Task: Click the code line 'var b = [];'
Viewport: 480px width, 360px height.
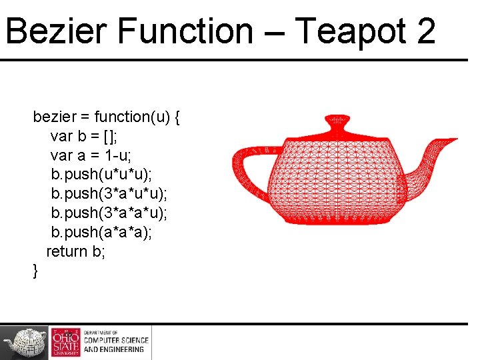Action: point(85,137)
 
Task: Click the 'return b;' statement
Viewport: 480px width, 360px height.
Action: point(75,251)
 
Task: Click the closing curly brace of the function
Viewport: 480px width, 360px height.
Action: point(35,271)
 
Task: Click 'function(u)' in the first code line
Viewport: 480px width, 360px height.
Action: point(132,117)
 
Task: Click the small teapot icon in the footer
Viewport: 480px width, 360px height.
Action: point(25,342)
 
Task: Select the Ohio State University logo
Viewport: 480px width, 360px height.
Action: point(65,342)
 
